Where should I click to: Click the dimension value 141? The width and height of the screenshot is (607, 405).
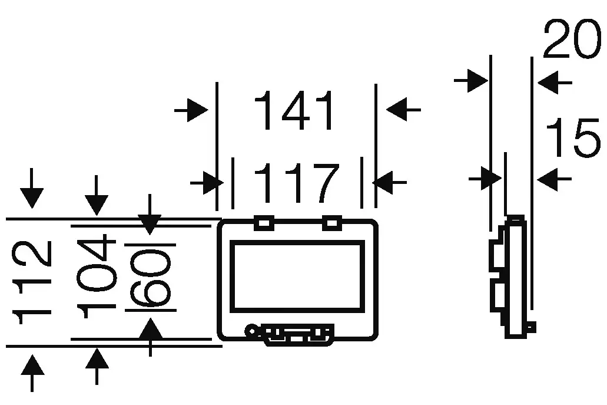293,110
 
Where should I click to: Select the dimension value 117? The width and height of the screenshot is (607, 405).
297,183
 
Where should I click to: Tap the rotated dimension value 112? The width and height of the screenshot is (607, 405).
32,282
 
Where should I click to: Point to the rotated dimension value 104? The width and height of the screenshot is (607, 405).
97,276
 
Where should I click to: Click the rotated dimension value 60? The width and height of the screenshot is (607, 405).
150,278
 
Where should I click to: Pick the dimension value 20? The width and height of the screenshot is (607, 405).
573,39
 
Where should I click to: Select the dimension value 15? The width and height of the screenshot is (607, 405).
573,137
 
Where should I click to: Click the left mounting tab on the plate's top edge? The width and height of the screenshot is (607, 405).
264,223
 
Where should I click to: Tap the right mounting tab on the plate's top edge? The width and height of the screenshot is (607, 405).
332,223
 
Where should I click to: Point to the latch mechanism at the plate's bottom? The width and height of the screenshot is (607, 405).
290,334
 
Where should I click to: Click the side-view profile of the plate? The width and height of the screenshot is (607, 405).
513,276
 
